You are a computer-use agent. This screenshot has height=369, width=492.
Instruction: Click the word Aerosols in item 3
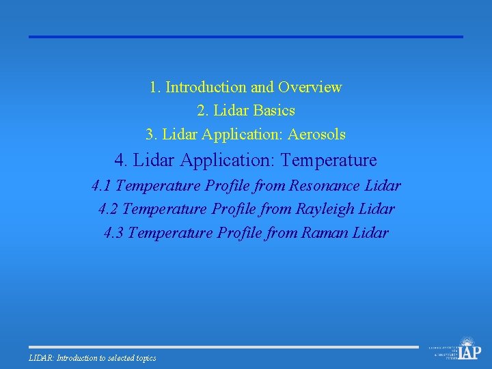click(x=318, y=135)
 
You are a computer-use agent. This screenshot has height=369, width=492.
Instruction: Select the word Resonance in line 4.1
click(x=325, y=186)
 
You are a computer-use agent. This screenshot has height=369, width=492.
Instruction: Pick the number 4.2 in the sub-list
click(x=108, y=209)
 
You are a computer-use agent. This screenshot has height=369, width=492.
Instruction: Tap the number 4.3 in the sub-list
click(x=113, y=233)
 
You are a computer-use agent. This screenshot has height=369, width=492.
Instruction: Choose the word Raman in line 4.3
click(x=325, y=233)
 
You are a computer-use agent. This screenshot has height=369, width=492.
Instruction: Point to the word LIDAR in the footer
click(x=41, y=358)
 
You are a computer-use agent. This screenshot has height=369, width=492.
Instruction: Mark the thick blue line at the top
click(x=245, y=37)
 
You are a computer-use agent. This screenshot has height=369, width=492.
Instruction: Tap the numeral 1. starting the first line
click(x=155, y=87)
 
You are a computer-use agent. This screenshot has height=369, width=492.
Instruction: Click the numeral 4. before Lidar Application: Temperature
click(x=122, y=161)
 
